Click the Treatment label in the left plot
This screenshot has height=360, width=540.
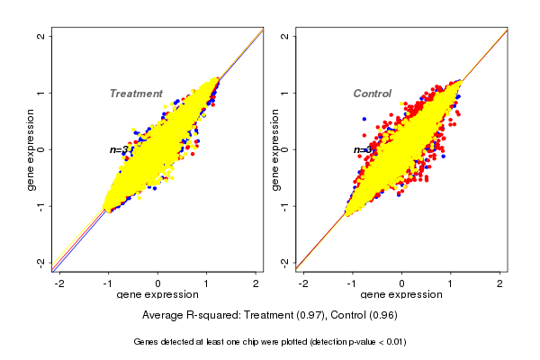point(136,94)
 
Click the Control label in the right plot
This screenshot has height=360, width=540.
point(372,94)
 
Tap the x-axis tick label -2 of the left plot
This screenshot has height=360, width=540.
point(58,283)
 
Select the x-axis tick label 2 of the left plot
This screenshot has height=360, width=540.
point(256,283)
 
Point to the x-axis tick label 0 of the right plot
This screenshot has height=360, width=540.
point(402,283)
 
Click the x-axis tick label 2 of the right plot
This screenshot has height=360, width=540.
point(501,283)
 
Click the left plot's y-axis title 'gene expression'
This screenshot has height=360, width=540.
point(31,149)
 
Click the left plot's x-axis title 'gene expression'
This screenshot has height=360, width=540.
point(158,295)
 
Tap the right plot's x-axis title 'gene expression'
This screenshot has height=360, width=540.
point(402,295)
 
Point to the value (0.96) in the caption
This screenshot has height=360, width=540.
point(382,316)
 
